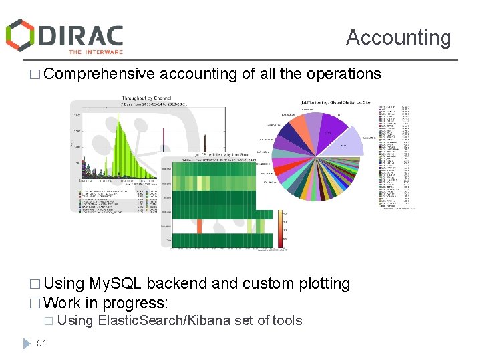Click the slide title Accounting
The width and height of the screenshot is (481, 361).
398,37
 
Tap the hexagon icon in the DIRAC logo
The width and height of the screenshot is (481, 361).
21,35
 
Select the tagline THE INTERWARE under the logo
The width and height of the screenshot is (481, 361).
96,51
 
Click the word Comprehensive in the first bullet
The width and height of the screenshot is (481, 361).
100,74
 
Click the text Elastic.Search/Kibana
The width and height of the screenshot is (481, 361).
164,320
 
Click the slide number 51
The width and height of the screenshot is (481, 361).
41,343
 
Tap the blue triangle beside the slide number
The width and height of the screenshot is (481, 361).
27,342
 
